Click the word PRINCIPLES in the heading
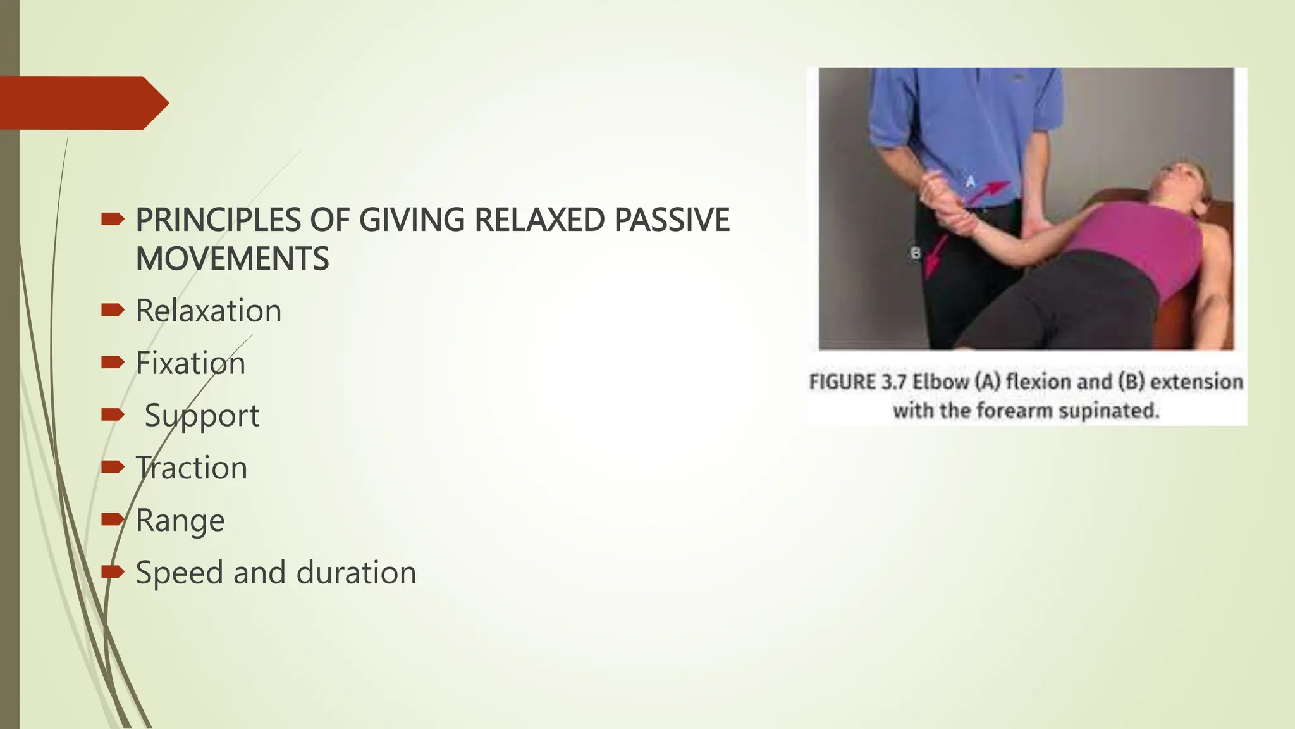click(218, 220)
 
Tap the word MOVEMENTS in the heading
click(232, 259)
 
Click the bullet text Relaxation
click(209, 311)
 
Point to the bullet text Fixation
click(190, 363)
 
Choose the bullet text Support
click(202, 416)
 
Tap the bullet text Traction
click(192, 468)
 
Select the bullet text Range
click(180, 521)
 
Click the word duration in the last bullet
click(356, 573)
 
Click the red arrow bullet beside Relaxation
click(113, 309)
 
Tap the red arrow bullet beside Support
click(113, 414)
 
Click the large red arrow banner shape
click(82, 103)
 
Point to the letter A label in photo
click(970, 182)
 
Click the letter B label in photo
click(915, 253)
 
